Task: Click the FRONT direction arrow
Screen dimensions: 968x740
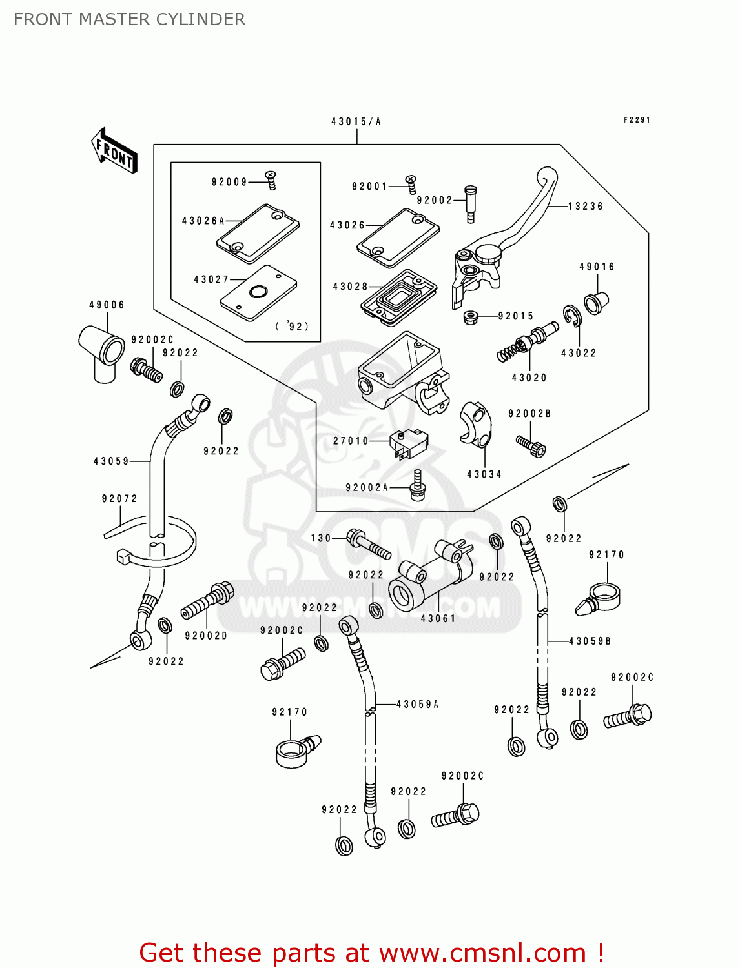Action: click(x=115, y=151)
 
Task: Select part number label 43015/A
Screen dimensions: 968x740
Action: click(x=356, y=121)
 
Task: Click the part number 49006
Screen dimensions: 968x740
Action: click(x=107, y=305)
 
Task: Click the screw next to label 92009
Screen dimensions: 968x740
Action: click(x=272, y=180)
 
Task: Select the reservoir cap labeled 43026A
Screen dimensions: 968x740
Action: click(x=258, y=234)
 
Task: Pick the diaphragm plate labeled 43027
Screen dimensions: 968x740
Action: click(x=258, y=294)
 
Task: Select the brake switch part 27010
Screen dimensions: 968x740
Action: click(x=408, y=443)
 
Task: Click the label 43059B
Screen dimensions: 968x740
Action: click(x=590, y=641)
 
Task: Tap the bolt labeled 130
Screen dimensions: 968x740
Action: click(x=369, y=544)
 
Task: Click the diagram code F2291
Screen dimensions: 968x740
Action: click(x=637, y=120)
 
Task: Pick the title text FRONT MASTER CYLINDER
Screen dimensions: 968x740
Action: click(x=129, y=19)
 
